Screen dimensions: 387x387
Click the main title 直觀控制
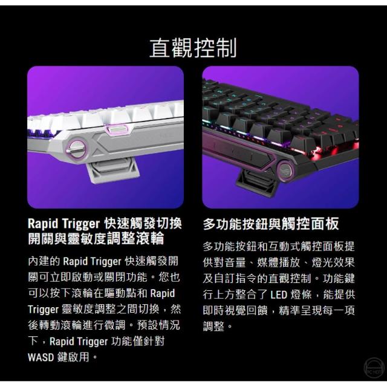(x=193, y=48)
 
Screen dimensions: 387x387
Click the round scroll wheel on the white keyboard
(x=76, y=149)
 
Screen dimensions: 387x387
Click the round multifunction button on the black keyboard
(x=285, y=169)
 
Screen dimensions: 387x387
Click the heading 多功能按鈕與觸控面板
(x=271, y=224)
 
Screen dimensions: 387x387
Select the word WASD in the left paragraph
(x=41, y=357)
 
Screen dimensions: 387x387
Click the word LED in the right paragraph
(x=279, y=294)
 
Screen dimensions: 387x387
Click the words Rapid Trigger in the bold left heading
(x=64, y=224)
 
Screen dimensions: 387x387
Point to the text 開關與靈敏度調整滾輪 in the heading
(x=96, y=239)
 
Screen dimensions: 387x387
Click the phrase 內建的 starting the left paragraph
(x=44, y=261)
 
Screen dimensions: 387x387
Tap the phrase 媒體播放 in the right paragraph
(x=279, y=262)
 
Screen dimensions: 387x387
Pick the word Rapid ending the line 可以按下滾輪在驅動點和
(x=163, y=293)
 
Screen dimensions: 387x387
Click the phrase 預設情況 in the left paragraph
(x=158, y=325)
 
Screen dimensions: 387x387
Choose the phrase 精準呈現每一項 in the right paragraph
(x=317, y=310)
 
